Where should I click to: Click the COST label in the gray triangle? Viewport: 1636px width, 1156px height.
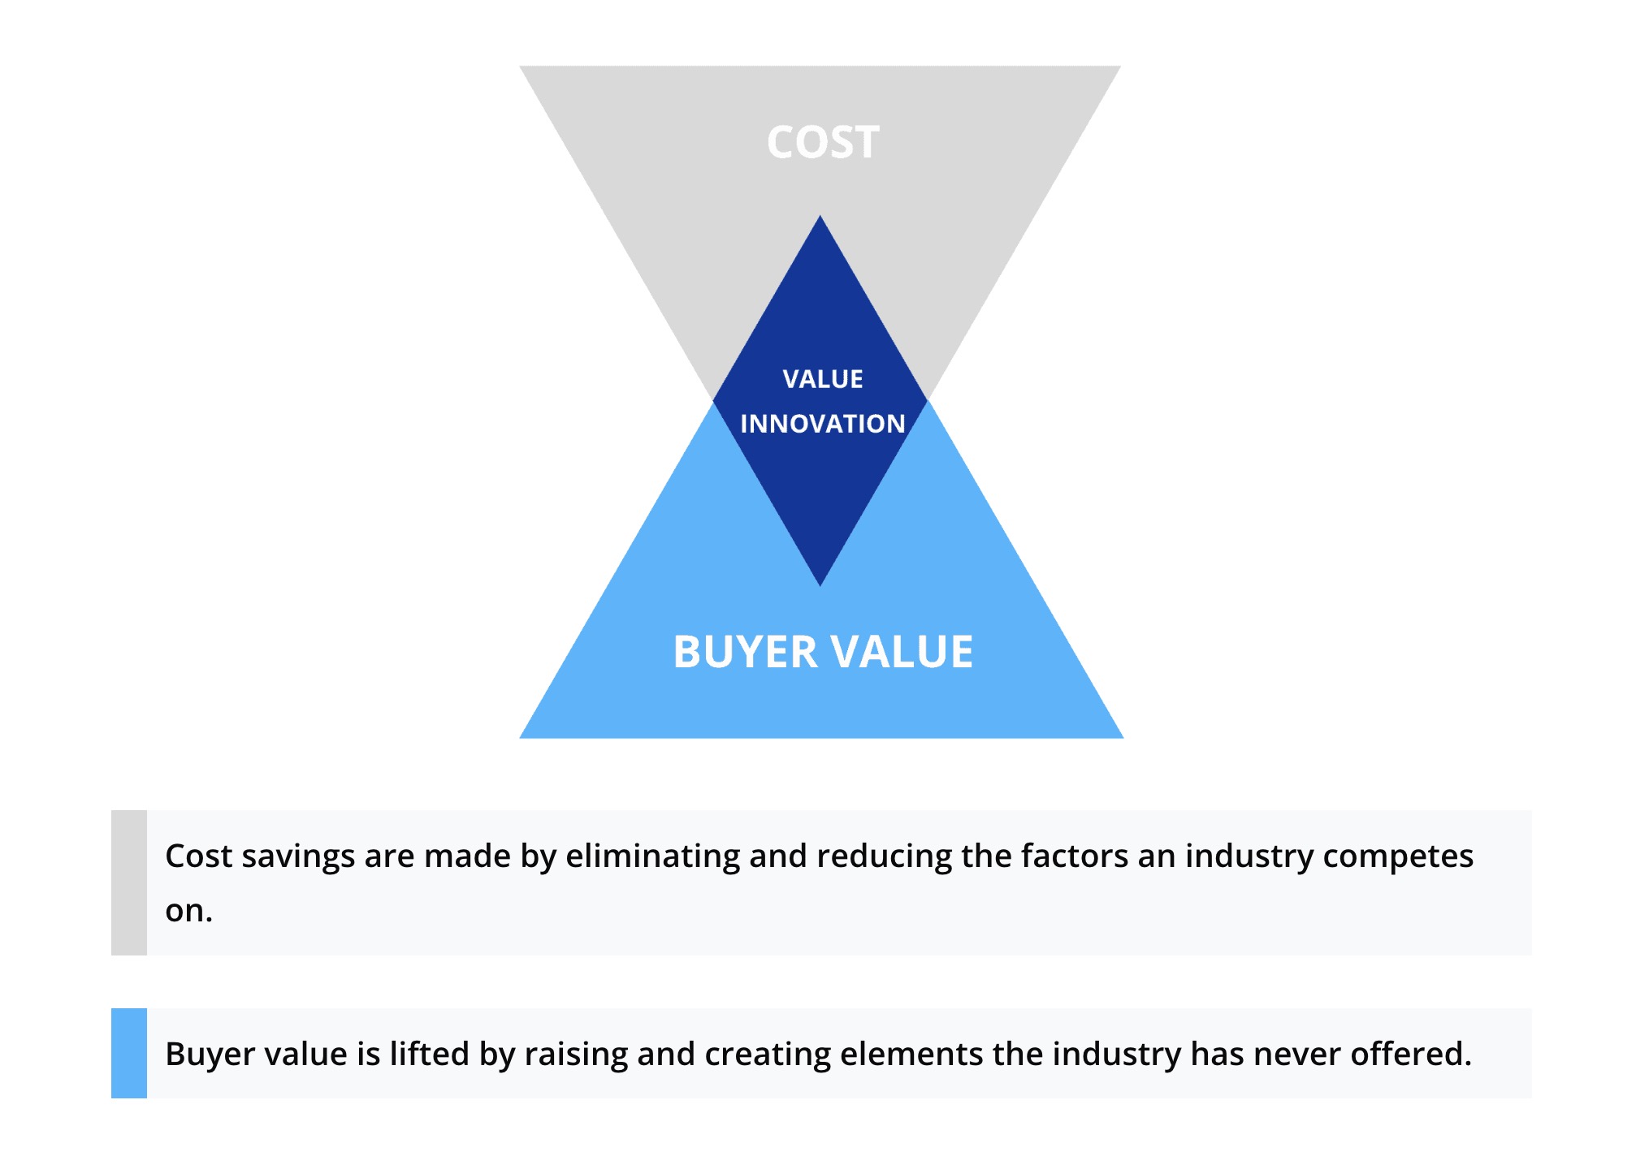tap(823, 142)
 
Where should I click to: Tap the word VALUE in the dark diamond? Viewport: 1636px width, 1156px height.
tap(823, 379)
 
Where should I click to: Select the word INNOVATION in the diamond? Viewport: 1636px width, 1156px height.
tap(823, 424)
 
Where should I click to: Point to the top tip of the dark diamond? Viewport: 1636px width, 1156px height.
tap(820, 215)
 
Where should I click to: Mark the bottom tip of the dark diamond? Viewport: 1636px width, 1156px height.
tap(820, 585)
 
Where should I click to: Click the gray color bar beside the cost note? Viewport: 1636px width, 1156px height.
tap(129, 882)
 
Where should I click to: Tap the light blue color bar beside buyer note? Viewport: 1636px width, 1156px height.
tap(129, 1053)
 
